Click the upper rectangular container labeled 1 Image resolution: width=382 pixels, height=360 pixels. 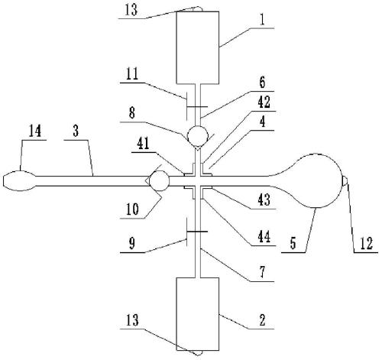pos(198,47)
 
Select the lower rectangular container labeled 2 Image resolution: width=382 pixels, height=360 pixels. pos(198,314)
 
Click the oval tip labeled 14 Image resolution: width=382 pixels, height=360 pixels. pos(19,181)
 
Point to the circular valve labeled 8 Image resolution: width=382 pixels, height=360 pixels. pos(197,135)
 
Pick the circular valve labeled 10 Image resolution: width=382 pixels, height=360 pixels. pos(159,181)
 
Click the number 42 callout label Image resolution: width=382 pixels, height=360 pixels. pos(264,102)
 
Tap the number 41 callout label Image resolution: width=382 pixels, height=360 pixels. pos(143,144)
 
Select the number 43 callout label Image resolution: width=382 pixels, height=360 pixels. pos(264,199)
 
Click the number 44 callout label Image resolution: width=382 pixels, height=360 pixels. pos(264,237)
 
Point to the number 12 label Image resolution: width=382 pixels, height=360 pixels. pos(367,243)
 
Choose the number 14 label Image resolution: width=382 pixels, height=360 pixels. pos(34,131)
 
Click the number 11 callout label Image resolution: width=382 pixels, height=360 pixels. pos(131,74)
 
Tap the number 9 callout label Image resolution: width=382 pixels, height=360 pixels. pos(131,244)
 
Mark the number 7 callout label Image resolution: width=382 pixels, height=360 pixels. pos(263,272)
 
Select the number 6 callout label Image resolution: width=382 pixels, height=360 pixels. pos(262,83)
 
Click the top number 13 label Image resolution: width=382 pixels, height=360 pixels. pos(131,10)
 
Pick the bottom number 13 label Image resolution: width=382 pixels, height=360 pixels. pos(132,320)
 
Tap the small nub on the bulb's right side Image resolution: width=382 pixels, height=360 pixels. pos(345,180)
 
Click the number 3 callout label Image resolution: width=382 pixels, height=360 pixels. pos(76,131)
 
